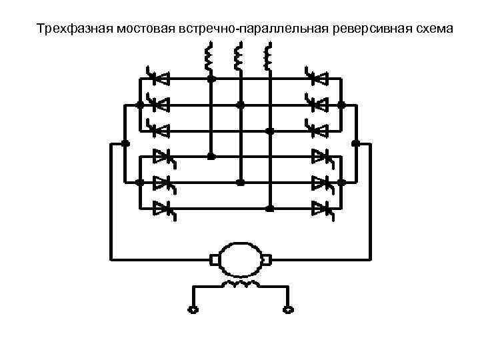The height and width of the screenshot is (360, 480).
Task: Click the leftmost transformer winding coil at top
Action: pyautogui.click(x=208, y=57)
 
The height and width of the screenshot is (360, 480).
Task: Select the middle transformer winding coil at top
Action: pyautogui.click(x=238, y=57)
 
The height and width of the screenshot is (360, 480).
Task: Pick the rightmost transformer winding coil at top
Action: pyautogui.click(x=269, y=57)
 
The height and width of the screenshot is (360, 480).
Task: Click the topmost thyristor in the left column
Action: pyautogui.click(x=158, y=78)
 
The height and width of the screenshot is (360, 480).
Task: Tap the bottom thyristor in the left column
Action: pyautogui.click(x=163, y=209)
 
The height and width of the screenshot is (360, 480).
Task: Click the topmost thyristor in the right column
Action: pyautogui.click(x=318, y=78)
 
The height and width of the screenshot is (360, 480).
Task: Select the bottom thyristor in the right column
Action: pyautogui.click(x=323, y=209)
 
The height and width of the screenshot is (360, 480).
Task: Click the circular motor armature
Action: pyautogui.click(x=240, y=258)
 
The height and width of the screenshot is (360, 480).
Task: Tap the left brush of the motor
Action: pyautogui.click(x=215, y=258)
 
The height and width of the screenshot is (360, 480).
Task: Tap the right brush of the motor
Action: pyautogui.click(x=266, y=258)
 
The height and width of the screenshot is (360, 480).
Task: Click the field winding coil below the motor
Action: pyautogui.click(x=241, y=285)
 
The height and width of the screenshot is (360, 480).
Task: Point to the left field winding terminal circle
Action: pyautogui.click(x=193, y=309)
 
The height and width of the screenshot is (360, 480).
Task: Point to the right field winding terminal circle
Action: pyautogui.click(x=288, y=309)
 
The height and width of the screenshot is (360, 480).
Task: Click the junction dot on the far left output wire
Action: pyautogui.click(x=125, y=143)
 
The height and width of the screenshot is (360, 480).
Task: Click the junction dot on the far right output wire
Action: pyautogui.click(x=355, y=143)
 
